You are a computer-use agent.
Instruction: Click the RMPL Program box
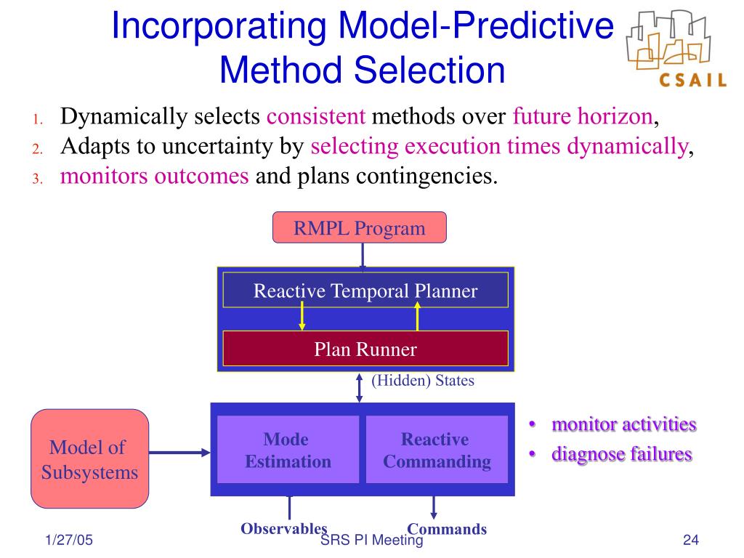(x=359, y=227)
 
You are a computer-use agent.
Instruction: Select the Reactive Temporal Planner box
(x=365, y=290)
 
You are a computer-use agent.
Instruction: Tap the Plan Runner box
(x=365, y=349)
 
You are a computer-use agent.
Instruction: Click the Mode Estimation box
(x=288, y=450)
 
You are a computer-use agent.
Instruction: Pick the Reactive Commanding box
(x=437, y=450)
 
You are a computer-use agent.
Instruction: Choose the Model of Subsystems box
(x=89, y=459)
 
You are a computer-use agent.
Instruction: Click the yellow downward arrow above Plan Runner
(x=302, y=316)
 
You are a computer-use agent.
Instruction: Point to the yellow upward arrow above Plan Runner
(x=418, y=316)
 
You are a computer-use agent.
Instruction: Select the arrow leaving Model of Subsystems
(x=179, y=452)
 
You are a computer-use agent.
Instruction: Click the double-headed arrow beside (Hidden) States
(x=359, y=388)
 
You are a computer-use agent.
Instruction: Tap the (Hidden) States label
(x=423, y=381)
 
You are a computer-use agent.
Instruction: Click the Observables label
(x=284, y=528)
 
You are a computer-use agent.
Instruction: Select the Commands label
(x=447, y=529)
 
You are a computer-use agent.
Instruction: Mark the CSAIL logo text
(x=692, y=80)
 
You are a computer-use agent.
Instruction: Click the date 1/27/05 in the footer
(x=69, y=540)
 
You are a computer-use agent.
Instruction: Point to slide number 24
(x=691, y=540)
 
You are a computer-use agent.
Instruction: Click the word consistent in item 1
(x=316, y=116)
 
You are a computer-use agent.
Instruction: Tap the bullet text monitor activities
(x=624, y=424)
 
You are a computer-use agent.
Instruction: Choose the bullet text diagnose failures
(x=622, y=453)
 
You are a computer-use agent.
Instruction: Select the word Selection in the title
(x=430, y=70)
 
